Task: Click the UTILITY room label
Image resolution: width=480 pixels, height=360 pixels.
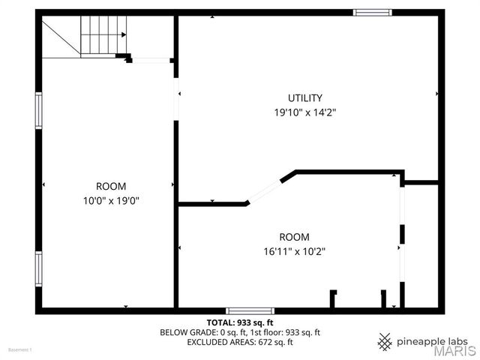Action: coord(305,97)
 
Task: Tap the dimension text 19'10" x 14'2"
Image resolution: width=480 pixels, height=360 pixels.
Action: coord(304,112)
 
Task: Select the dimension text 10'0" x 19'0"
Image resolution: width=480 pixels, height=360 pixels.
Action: coord(111,200)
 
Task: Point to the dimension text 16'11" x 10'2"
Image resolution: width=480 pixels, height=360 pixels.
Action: coord(294,251)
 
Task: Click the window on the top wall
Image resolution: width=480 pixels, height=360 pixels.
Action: coord(373,13)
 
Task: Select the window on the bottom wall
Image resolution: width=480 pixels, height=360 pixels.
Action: coord(250,310)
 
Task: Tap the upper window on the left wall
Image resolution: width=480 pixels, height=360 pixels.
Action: coord(38,110)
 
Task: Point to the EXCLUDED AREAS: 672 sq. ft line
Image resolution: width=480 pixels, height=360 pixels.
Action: coord(240,342)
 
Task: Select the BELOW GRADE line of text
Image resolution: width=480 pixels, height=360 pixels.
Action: coord(240,332)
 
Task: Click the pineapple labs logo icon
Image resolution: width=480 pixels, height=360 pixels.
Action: coord(385,340)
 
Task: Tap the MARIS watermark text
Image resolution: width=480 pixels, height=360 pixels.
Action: coord(448,350)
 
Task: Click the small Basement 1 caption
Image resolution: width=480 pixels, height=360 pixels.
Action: coord(20,349)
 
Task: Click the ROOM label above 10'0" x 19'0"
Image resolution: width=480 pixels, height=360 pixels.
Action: coord(111,186)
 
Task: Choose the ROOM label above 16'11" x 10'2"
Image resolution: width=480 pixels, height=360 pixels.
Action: coord(294,237)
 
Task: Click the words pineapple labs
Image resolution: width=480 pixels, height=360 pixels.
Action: coord(433,340)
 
